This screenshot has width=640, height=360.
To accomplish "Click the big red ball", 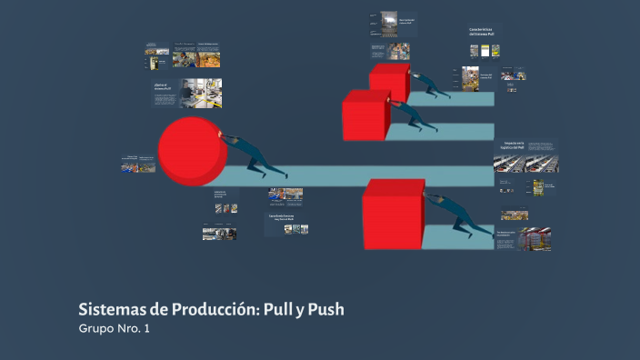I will [192, 151].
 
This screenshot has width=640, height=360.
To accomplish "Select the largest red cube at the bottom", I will [394, 215].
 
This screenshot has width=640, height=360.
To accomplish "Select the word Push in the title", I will [326, 310].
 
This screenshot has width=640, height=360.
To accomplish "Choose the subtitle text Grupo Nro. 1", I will [114, 329].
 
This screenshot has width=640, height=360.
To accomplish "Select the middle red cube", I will [365, 115].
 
